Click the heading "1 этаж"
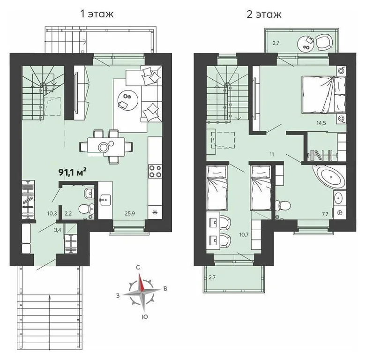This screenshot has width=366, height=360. click(x=97, y=14)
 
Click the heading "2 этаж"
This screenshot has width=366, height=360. click(x=264, y=14)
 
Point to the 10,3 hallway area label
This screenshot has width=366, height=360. click(x=52, y=213)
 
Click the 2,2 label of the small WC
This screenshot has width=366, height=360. click(x=68, y=213)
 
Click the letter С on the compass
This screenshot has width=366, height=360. click(x=138, y=267)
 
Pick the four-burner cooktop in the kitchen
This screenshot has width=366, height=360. click(x=155, y=172)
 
